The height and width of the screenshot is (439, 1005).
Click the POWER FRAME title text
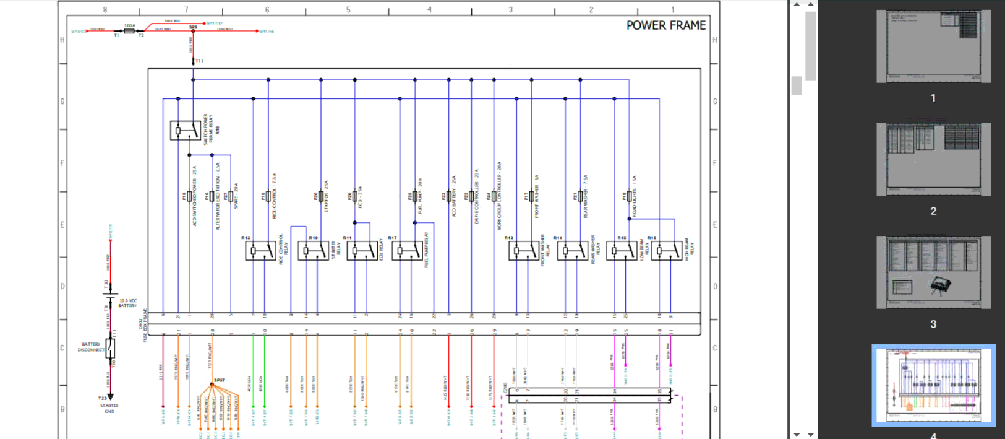click(665, 25)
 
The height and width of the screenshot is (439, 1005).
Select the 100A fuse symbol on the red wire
click(129, 30)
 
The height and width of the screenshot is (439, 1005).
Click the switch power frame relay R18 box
click(185, 131)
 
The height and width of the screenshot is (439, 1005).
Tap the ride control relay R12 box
click(260, 251)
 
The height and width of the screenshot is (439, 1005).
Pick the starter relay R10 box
click(313, 251)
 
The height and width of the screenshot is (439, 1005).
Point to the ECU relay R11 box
click(362, 251)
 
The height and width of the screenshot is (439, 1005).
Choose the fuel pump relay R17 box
click(407, 251)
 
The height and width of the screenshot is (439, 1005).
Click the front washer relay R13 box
click(523, 251)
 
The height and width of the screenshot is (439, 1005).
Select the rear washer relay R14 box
click(572, 251)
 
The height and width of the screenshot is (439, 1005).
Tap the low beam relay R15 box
click(621, 251)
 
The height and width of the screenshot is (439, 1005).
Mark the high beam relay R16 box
click(666, 251)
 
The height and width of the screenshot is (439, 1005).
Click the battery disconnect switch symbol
click(110, 347)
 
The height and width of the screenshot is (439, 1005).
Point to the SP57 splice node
click(212, 385)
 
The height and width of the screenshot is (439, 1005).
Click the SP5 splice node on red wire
click(193, 30)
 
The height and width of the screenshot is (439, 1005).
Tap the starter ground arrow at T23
click(110, 397)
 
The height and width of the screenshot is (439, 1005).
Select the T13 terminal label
click(199, 61)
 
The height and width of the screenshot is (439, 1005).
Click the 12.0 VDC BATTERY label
click(127, 303)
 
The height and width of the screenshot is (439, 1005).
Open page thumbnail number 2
click(933, 159)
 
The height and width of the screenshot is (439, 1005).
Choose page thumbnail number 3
click(933, 272)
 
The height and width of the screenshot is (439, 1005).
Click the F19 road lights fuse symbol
click(629, 196)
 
